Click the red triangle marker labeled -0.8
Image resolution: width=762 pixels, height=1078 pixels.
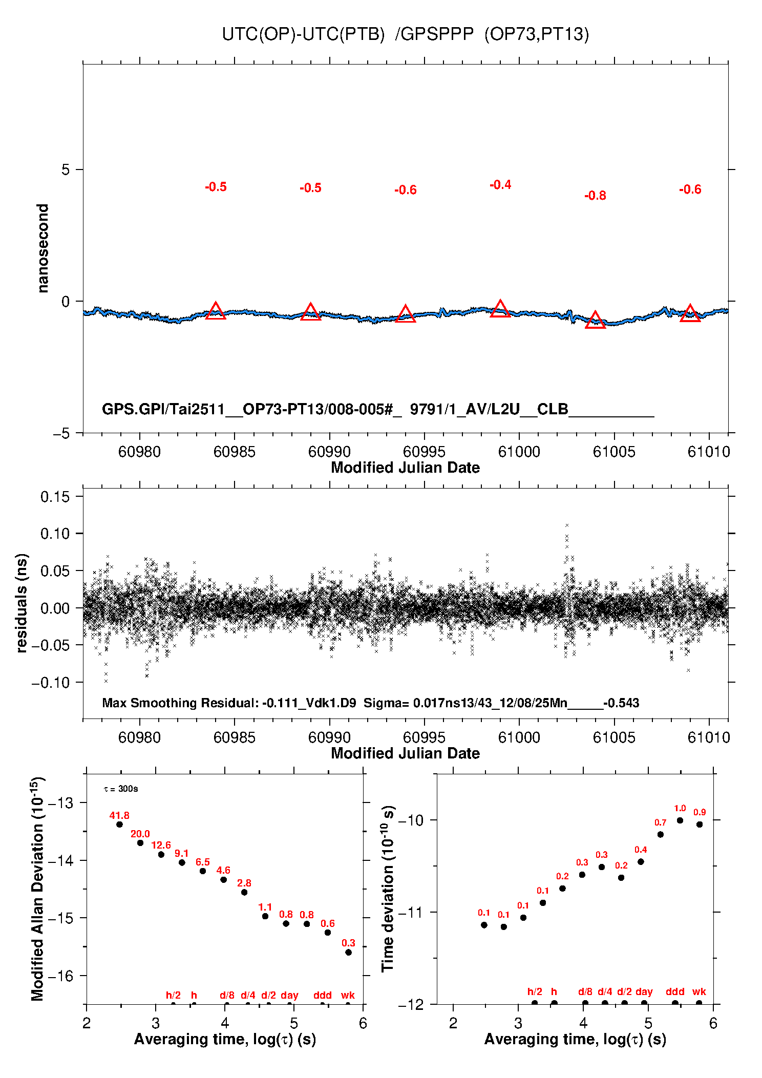(x=595, y=321)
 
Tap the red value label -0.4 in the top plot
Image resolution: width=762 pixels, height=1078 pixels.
(x=500, y=185)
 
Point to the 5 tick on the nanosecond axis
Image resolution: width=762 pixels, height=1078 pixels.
(x=66, y=170)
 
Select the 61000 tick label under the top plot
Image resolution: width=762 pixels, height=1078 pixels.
(x=519, y=452)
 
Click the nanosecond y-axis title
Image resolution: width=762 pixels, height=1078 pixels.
(x=43, y=248)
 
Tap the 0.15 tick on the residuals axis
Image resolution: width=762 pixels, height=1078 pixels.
(x=55, y=496)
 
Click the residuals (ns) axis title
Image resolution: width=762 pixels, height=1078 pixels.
(x=22, y=603)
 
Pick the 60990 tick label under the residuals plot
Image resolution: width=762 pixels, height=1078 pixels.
(x=329, y=737)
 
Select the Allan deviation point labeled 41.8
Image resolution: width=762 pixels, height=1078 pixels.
(x=119, y=825)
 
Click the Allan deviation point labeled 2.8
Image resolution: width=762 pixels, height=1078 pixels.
(x=244, y=892)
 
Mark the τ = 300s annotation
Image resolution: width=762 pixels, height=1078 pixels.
(x=121, y=789)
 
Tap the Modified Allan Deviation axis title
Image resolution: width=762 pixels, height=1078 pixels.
(x=37, y=889)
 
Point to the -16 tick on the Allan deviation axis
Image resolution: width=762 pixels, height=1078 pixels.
(x=60, y=976)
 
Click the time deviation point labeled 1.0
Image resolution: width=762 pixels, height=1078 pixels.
(x=680, y=820)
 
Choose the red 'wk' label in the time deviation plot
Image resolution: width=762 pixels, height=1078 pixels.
(x=699, y=991)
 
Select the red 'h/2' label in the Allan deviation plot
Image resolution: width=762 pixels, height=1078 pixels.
(x=173, y=995)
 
